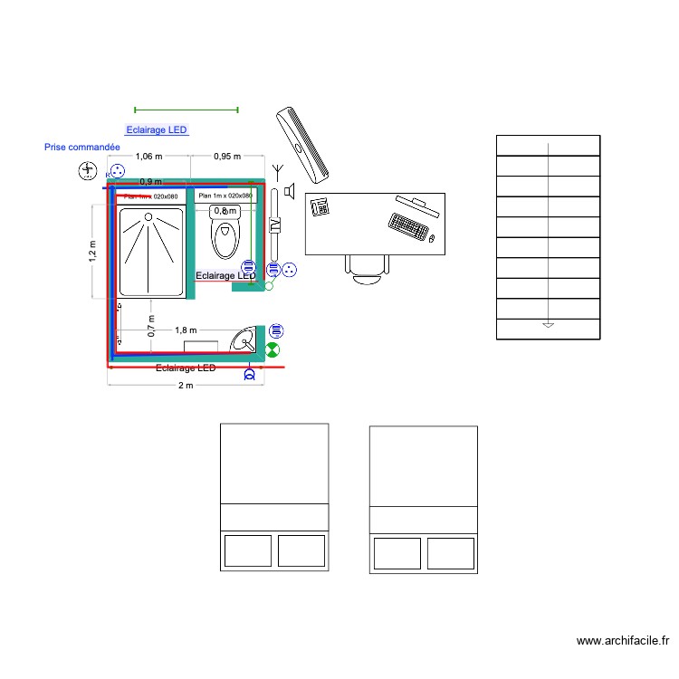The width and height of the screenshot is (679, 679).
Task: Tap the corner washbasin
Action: coord(244,340)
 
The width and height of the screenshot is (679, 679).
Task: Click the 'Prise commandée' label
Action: coord(82,147)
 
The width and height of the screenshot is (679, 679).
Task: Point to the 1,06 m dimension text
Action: coord(149,156)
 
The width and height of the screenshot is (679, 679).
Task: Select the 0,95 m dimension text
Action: coord(227,156)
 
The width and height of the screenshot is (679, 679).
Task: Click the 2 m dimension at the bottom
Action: coord(185,386)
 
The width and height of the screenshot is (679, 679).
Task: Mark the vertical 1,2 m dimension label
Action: coord(92,251)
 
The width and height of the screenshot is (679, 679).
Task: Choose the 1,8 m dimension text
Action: coord(187,330)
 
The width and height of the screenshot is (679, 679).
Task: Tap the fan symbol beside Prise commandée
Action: coord(88,169)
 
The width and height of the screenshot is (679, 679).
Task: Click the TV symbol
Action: coord(275,227)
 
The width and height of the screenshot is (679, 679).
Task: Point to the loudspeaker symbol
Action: coord(290,190)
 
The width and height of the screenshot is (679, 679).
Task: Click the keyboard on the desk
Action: coord(409,225)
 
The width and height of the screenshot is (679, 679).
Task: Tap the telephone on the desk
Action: coord(320,206)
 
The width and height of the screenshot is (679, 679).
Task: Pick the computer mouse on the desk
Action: coord(433,239)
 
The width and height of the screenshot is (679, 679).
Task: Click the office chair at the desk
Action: coord(367,268)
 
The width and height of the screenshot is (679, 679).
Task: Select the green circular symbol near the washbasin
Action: coord(273,349)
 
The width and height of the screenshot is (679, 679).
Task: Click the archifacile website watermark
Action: coord(623,641)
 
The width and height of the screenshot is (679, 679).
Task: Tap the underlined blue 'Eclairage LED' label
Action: coord(157,130)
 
